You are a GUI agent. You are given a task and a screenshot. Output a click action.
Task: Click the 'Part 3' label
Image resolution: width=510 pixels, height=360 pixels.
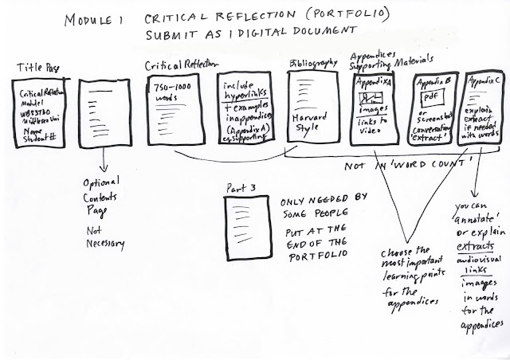pyautogui.click(x=243, y=190)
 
